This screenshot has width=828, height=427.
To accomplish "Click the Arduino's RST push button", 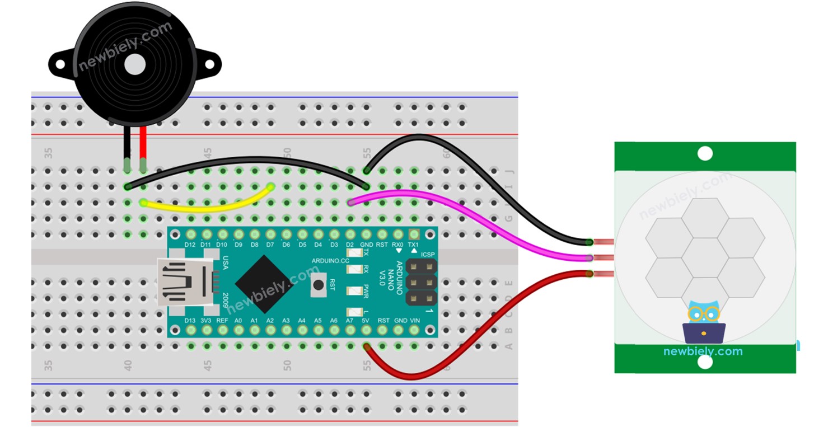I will (319, 285).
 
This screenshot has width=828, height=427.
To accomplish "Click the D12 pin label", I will (190, 245).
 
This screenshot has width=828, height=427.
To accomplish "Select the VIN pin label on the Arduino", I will (415, 321).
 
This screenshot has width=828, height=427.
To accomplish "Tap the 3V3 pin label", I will (206, 321).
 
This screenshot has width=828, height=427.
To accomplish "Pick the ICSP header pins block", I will (422, 283).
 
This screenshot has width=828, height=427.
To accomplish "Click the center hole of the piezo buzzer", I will (135, 65).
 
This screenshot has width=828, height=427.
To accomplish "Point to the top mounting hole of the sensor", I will (705, 153).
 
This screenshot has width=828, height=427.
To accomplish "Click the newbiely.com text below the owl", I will (703, 351).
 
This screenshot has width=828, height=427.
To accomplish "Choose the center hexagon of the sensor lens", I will (705, 257).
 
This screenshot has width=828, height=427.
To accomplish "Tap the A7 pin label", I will (350, 321).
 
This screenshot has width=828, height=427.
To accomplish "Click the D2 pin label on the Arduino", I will (350, 245).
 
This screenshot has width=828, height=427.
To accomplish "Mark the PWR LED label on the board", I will (367, 291).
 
